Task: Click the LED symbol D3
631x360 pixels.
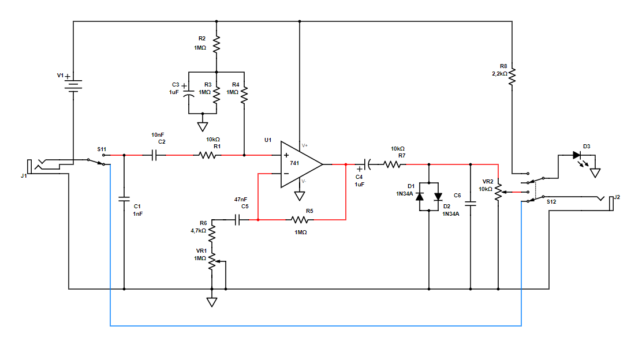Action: pos(577,155)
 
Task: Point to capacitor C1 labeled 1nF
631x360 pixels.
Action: pos(124,199)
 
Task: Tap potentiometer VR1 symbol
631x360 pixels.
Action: pos(212,261)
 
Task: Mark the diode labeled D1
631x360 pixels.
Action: pos(420,196)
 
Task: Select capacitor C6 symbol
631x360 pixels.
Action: pos(471,203)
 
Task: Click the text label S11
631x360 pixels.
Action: pos(102,149)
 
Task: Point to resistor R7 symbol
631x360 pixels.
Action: pos(393,164)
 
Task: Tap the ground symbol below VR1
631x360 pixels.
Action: pos(212,301)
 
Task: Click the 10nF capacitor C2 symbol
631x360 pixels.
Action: pos(155,155)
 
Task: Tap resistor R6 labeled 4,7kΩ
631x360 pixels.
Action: pos(212,232)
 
